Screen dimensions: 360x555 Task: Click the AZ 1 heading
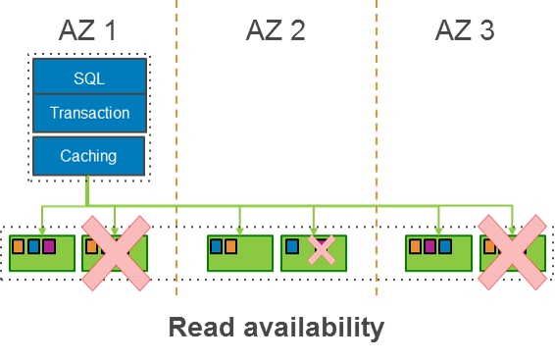tap(87, 30)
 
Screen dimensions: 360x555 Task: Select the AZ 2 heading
tap(275, 30)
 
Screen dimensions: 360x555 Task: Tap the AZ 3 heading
tap(465, 30)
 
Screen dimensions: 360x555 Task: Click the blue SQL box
tap(89, 77)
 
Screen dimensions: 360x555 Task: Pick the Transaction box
tap(89, 113)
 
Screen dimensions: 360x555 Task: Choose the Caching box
tap(88, 155)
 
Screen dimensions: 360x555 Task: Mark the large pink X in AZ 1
tap(116, 253)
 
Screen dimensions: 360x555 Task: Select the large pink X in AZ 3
tap(512, 253)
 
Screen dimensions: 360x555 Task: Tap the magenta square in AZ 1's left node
tap(49, 246)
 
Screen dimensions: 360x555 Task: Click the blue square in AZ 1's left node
tap(33, 246)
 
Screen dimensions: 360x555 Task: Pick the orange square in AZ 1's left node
tap(18, 246)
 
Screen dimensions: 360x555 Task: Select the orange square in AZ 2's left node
tap(230, 246)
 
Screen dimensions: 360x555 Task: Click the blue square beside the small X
tap(292, 246)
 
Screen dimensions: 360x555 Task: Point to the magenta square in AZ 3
tap(429, 246)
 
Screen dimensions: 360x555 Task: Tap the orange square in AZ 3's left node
tap(414, 246)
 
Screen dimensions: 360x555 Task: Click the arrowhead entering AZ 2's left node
tap(239, 231)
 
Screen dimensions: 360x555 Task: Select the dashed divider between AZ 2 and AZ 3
tap(377, 147)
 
